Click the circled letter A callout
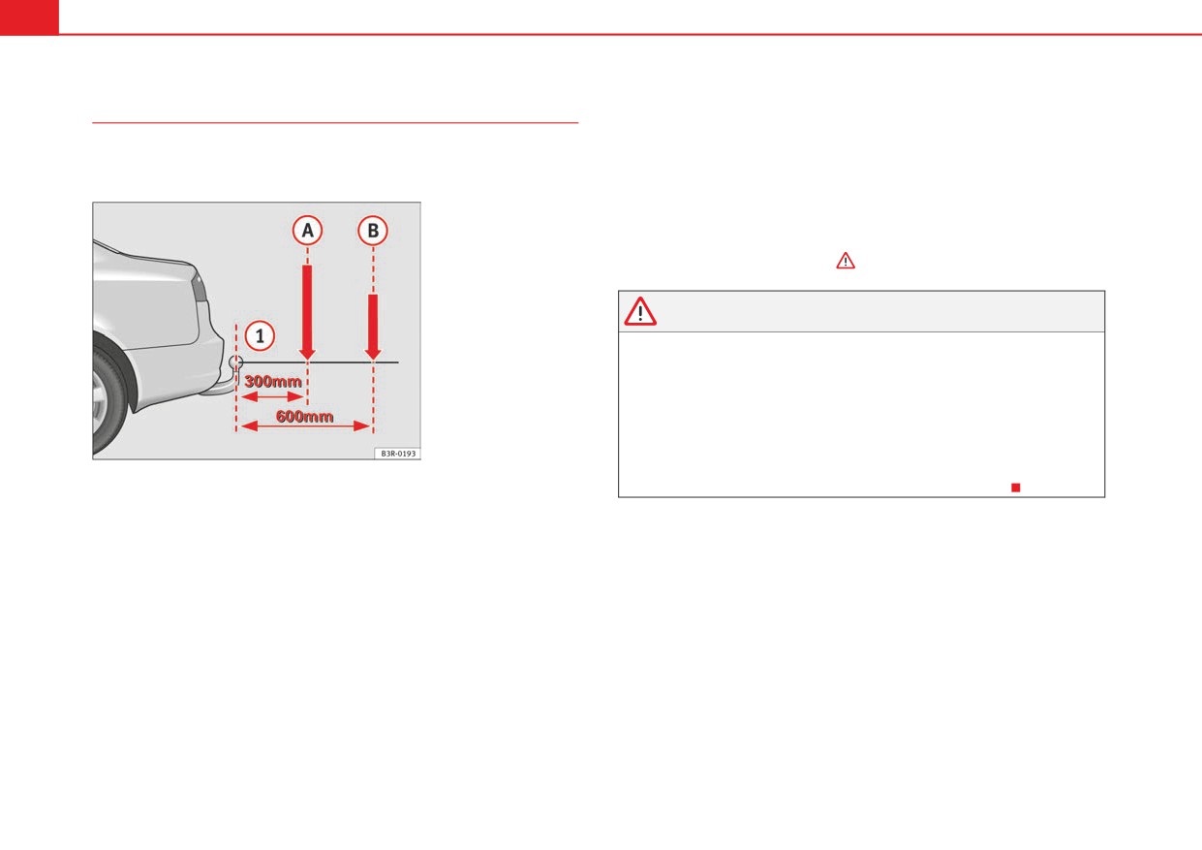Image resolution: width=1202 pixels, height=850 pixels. (307, 231)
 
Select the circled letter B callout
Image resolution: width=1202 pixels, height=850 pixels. (373, 231)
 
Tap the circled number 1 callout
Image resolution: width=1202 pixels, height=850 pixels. (260, 336)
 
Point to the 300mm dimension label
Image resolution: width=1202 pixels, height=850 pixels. (272, 381)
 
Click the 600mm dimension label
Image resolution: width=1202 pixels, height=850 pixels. (304, 416)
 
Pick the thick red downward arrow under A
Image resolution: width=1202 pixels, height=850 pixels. (307, 312)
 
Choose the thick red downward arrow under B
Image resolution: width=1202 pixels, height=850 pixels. (373, 327)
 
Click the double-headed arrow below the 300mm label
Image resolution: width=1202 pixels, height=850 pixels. (272, 396)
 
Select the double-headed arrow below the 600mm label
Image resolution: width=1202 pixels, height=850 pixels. (305, 426)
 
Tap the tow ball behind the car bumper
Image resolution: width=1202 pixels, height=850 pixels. (235, 362)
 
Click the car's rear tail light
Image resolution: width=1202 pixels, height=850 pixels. (200, 287)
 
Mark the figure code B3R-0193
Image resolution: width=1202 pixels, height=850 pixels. (398, 454)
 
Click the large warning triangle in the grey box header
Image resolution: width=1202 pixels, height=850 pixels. (639, 312)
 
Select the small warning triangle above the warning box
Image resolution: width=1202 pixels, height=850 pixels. (846, 261)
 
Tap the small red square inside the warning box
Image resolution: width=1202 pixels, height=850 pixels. (1015, 488)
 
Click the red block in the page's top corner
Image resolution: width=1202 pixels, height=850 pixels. (29, 17)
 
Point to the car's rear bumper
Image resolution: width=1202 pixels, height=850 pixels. (177, 370)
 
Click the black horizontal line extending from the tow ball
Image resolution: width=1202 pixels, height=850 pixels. (321, 362)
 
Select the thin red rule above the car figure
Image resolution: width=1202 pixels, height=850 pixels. (335, 123)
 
